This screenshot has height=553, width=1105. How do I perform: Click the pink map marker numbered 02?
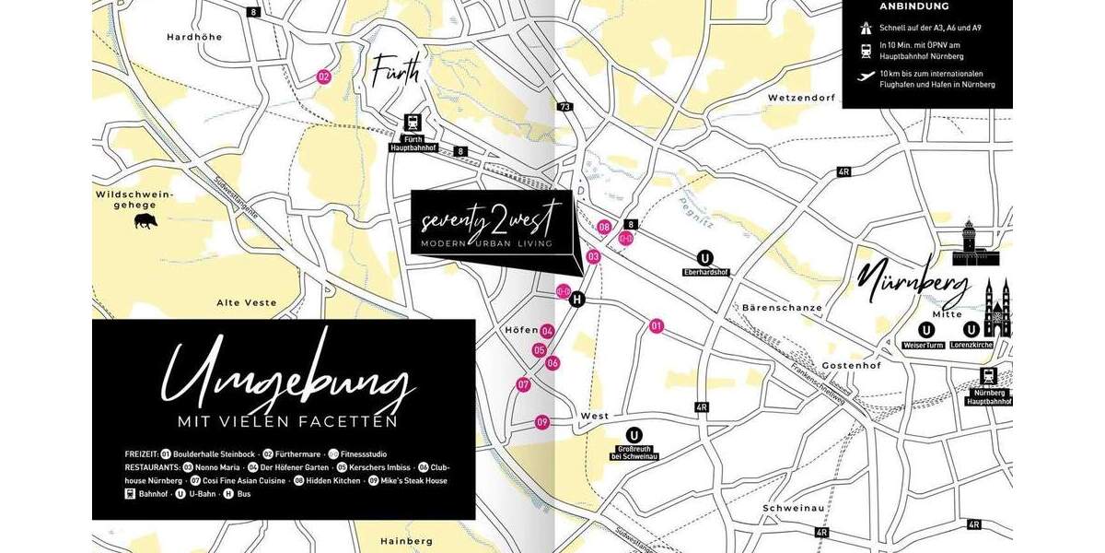pyautogui.click(x=323, y=76)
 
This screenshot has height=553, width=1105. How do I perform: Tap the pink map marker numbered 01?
pyautogui.click(x=657, y=325)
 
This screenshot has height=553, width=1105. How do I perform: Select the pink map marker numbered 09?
pyautogui.click(x=542, y=422)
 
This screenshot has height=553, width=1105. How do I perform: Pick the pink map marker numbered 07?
pyautogui.click(x=523, y=384)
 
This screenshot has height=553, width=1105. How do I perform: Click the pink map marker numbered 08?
pyautogui.click(x=604, y=227)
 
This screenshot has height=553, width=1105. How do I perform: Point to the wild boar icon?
pyautogui.click(x=145, y=221)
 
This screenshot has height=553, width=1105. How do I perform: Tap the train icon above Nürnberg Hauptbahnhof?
pyautogui.click(x=989, y=377)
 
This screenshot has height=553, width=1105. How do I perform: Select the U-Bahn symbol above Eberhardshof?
pyautogui.click(x=706, y=258)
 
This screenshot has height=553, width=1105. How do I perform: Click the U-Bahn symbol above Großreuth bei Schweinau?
pyautogui.click(x=634, y=436)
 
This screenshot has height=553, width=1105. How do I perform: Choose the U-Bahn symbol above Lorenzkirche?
pyautogui.click(x=971, y=330)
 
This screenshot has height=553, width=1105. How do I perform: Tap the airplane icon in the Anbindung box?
pyautogui.click(x=866, y=77)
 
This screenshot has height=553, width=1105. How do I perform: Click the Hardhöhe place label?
pyautogui.click(x=191, y=37)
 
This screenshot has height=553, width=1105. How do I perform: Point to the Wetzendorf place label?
pyautogui.click(x=800, y=97)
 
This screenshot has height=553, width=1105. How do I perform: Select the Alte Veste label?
pyautogui.click(x=246, y=302)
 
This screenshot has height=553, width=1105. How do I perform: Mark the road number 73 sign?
pyautogui.click(x=565, y=107)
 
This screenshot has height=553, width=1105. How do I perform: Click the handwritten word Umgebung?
pyautogui.click(x=285, y=381)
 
